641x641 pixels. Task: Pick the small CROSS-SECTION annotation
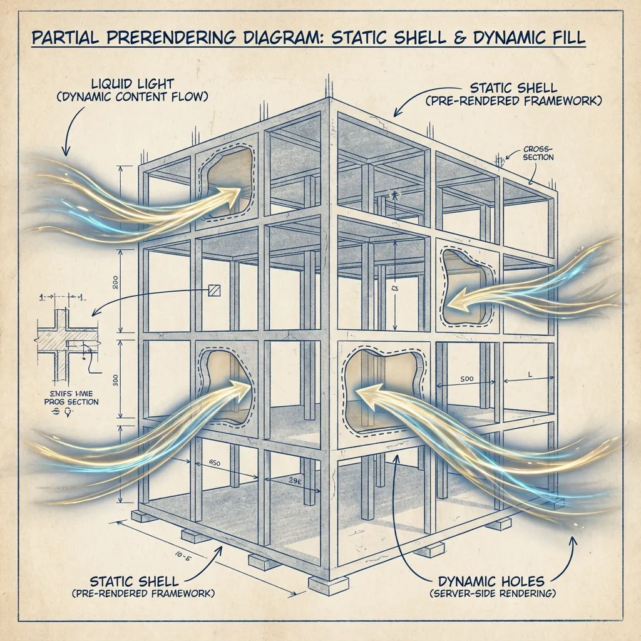click(x=538, y=153)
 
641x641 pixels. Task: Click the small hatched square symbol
click(x=214, y=290)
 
